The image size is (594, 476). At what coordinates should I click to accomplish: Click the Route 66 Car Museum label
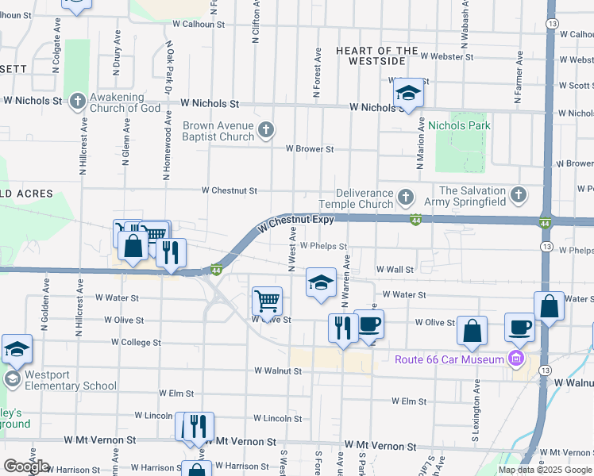tap(449, 359)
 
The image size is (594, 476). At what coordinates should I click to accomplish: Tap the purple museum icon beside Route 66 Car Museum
tap(517, 359)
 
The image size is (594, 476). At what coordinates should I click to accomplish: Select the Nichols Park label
tap(459, 125)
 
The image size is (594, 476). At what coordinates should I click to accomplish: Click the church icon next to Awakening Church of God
tap(77, 101)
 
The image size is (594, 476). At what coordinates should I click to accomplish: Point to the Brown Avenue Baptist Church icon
tap(267, 129)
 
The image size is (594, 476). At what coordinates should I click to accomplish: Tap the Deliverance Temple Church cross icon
tap(406, 196)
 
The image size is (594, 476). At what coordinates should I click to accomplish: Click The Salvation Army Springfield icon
tap(518, 194)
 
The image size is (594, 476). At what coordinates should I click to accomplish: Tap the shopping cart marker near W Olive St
tap(268, 301)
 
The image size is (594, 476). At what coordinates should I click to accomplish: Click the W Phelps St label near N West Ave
tap(324, 247)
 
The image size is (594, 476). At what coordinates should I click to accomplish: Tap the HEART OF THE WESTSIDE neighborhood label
tap(377, 56)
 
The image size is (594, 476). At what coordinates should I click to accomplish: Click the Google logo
tap(26, 466)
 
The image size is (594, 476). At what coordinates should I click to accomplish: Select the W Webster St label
tap(447, 57)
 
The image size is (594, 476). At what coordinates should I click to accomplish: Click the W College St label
tap(136, 343)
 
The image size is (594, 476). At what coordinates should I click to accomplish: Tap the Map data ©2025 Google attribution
tap(545, 470)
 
